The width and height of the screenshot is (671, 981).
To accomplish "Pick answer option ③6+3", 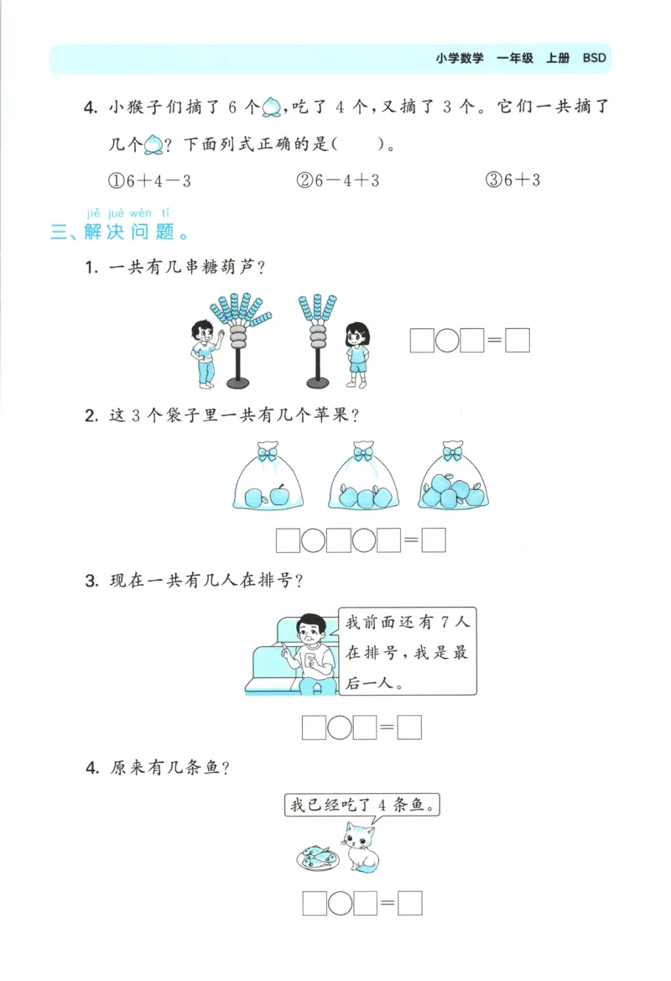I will tap(512, 180).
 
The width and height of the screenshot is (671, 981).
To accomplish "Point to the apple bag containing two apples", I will tap(267, 478).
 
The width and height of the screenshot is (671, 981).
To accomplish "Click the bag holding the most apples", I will tap(453, 478).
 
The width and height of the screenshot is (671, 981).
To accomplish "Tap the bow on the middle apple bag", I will tap(363, 453).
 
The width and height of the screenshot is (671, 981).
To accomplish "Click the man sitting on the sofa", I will tap(310, 655).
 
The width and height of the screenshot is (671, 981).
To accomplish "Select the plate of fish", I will tap(317, 858).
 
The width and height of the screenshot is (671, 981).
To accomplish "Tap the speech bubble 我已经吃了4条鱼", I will tap(362, 806).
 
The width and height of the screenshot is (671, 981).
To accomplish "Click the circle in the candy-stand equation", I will tap(448, 341).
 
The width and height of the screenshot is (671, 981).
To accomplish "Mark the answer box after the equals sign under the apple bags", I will tap(434, 541).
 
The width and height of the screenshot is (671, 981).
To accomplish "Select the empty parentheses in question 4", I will tap(358, 144).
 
